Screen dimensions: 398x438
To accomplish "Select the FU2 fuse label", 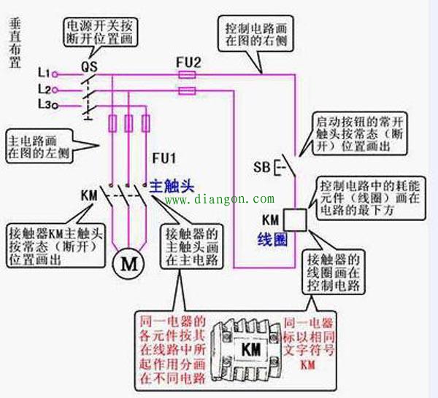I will (188, 61).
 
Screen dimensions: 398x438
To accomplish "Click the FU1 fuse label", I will (164, 158).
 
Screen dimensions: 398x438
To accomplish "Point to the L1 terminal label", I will (43, 74).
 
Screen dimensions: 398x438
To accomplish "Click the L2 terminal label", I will (43, 90).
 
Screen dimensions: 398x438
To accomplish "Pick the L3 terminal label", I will (43, 105).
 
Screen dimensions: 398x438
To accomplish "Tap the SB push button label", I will (262, 168).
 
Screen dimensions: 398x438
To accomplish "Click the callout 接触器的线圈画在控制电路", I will (334, 273).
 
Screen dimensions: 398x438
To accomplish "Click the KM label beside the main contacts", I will (88, 195).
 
